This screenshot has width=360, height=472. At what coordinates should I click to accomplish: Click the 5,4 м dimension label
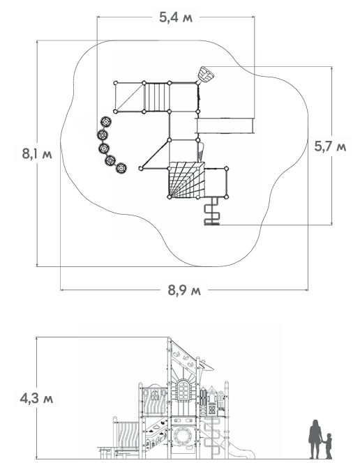coord(176,17)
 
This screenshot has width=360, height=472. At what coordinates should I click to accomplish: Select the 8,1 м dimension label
coord(37,153)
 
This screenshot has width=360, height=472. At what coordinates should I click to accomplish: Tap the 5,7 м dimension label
coord(330,146)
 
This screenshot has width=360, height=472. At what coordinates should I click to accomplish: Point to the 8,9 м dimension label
coord(184,290)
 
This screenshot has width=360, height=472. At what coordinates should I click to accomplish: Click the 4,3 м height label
coord(36,398)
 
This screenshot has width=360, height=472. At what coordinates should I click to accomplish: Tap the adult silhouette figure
coord(315,439)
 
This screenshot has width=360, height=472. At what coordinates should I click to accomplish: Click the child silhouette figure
coord(328,446)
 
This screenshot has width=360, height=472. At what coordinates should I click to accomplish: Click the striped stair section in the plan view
coord(157,97)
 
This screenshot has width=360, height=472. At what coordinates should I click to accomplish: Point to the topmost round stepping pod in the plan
coord(106,122)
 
